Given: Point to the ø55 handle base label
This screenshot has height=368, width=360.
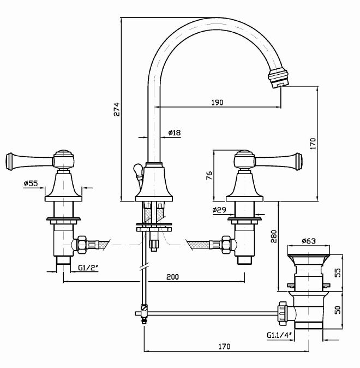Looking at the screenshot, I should pos(31,184).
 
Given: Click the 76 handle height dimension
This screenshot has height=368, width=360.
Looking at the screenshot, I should pos(209,176).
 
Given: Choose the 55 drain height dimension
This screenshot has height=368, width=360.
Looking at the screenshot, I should pos(337,272).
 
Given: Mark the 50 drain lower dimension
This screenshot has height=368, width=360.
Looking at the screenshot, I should pos(337,310).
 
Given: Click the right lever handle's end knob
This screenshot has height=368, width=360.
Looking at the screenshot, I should pos(298,160).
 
